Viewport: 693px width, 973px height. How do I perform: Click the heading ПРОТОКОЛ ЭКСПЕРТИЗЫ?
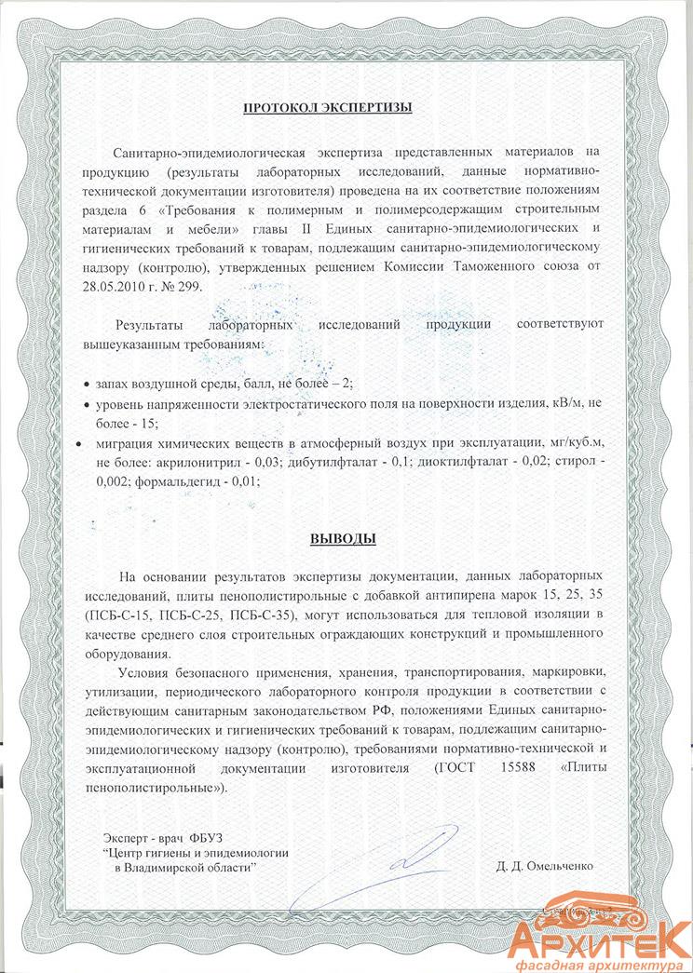(x=327, y=108)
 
